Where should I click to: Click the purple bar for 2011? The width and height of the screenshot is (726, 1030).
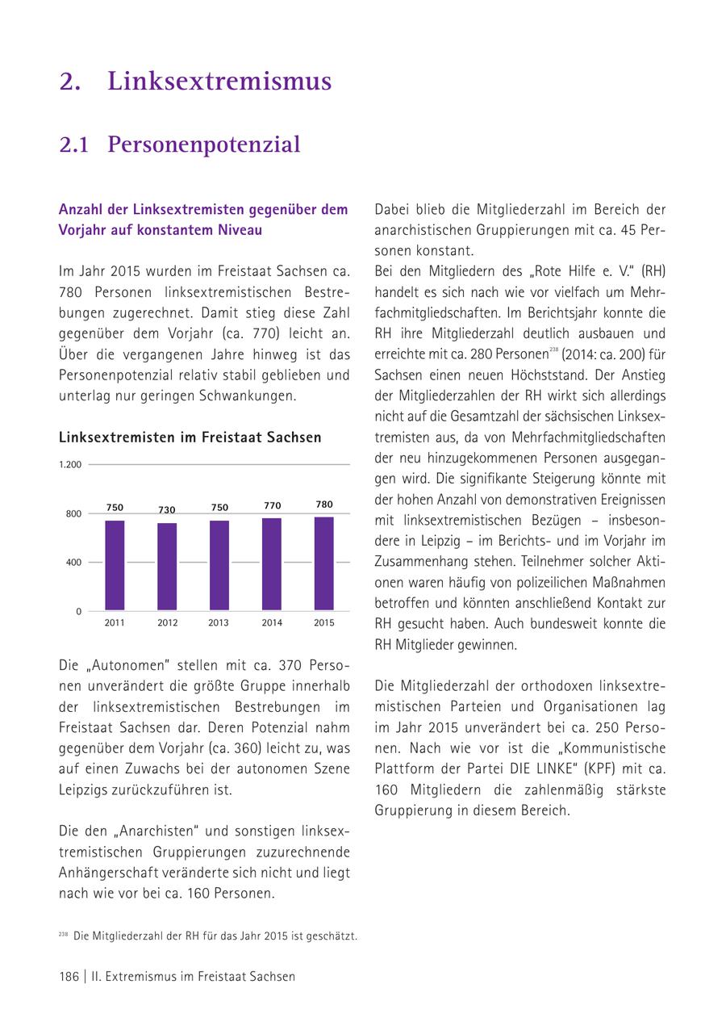115,565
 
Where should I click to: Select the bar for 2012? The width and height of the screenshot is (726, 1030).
167,567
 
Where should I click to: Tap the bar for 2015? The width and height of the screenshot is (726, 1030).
323,563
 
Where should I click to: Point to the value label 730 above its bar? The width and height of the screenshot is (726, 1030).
167,510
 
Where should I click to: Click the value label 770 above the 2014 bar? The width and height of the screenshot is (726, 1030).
272,506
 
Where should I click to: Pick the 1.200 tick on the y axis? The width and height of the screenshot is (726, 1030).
70,465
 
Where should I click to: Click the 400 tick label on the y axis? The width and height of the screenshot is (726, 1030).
73,563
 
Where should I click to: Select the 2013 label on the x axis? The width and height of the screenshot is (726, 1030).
219,623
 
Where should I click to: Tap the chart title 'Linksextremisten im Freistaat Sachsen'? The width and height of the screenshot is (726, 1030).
190,438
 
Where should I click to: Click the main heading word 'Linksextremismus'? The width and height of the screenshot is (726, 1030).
219,82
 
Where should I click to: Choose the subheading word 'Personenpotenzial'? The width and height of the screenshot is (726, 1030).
204,144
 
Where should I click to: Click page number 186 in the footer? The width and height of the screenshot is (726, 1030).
69,977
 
